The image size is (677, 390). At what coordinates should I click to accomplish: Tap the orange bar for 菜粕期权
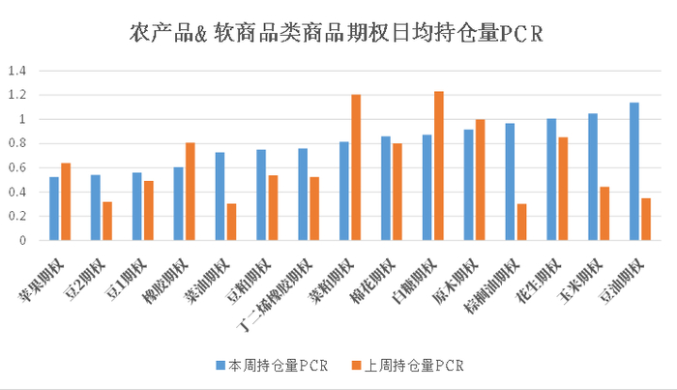pos(356,167)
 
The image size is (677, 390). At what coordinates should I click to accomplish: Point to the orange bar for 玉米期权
pos(604,214)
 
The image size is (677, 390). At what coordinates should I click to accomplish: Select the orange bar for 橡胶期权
pos(191,192)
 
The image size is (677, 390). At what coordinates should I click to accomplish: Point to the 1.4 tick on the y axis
pos(17,71)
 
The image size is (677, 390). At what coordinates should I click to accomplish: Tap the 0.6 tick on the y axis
pos(17,167)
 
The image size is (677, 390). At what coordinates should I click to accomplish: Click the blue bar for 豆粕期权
pos(261,195)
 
